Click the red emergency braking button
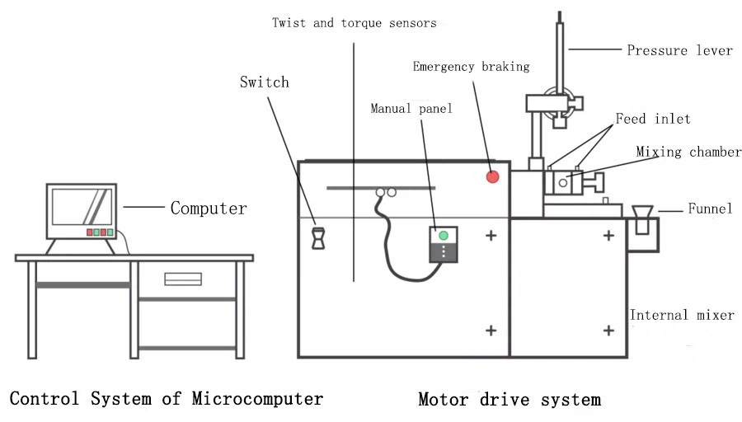coord(493,176)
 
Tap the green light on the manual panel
coord(444,236)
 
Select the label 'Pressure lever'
coord(679,50)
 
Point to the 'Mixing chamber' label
coord(688,152)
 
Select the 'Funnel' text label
coord(710,209)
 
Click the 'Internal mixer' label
coord(682,315)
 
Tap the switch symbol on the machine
coord(317,237)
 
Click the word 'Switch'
coord(265,82)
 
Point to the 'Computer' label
coord(209,208)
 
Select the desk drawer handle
coord(183,279)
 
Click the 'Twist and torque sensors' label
coord(355,23)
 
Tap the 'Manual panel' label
coord(411,108)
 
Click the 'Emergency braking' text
coord(471,66)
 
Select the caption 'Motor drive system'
coord(510,401)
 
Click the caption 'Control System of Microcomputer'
coord(167,399)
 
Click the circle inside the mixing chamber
coord(563,182)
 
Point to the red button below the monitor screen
coord(91,232)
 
